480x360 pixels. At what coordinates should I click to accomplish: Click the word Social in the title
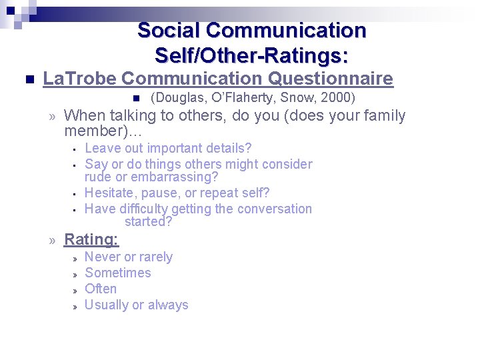tap(169, 31)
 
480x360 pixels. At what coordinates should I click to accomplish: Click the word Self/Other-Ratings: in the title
tap(251, 53)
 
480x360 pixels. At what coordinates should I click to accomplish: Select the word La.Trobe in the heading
tap(79, 79)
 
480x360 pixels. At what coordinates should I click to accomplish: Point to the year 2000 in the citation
tap(338, 98)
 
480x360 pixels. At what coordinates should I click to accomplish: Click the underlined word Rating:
tap(91, 239)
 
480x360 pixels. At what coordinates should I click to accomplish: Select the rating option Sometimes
tap(118, 273)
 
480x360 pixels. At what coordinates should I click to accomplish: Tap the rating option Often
tap(101, 289)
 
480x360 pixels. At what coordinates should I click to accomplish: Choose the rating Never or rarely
tap(129, 257)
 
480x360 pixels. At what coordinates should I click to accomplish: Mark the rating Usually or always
tap(137, 305)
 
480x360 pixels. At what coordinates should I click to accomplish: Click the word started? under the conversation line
tap(148, 221)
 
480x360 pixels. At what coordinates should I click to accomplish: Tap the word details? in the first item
tap(229, 148)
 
